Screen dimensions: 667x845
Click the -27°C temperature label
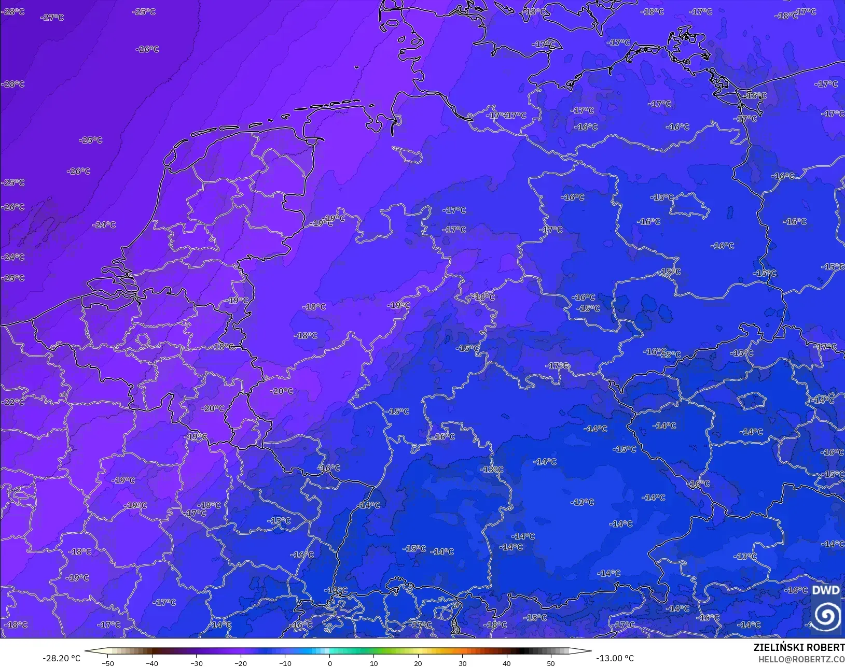click(52, 18)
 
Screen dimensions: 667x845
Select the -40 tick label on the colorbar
click(151, 663)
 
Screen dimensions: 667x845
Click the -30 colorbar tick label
click(196, 663)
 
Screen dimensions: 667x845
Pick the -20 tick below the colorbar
click(240, 663)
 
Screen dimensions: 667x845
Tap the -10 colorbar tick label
click(285, 663)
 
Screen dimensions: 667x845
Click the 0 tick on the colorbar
click(329, 663)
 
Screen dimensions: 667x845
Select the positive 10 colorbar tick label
click(373, 663)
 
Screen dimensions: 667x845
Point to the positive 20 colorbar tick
click(418, 663)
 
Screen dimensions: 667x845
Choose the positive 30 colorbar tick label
click(462, 663)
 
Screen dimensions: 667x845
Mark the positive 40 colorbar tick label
click(506, 663)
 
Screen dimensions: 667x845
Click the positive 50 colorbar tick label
click(551, 663)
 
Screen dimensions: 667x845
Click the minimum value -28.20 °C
click(61, 658)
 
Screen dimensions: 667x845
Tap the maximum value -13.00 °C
click(615, 658)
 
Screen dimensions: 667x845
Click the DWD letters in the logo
click(825, 590)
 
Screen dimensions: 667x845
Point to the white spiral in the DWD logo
click(827, 615)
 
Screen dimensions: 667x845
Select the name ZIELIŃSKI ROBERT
click(799, 647)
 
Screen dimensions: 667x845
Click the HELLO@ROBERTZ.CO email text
click(801, 659)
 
